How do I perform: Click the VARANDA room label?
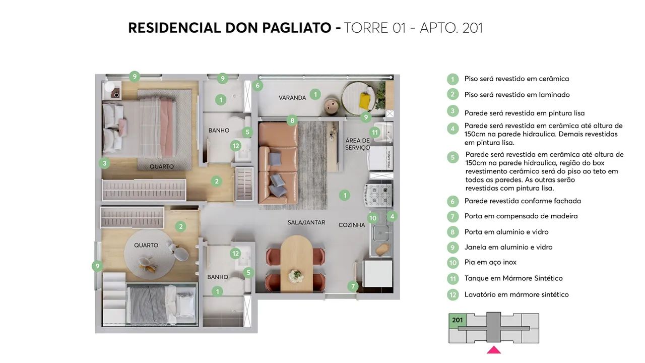(292, 98)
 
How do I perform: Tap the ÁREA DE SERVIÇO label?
(358, 144)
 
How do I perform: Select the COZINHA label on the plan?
(352, 225)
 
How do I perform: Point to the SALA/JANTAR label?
(306, 222)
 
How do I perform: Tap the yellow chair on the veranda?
(365, 100)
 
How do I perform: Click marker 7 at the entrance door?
(353, 286)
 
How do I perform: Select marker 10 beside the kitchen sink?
(372, 218)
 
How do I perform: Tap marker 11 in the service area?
(374, 133)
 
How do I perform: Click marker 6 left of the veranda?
(257, 86)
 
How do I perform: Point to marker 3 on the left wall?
(104, 163)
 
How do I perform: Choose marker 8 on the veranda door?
(292, 120)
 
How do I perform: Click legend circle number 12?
(453, 295)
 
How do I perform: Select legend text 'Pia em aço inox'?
(490, 262)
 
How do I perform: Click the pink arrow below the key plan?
(494, 349)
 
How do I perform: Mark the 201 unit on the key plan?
(458, 320)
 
